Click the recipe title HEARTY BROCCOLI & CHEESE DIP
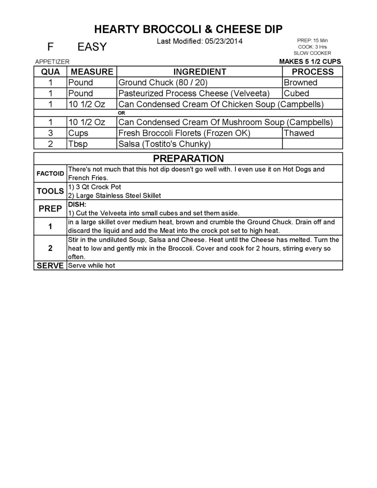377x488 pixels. (188, 30)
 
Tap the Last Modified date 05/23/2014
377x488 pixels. (224, 41)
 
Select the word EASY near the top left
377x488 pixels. (92, 47)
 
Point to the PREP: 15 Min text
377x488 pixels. (312, 40)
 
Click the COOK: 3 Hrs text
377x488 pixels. (312, 47)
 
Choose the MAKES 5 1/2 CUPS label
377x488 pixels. (310, 62)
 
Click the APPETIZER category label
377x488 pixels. (52, 62)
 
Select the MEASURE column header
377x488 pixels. (92, 72)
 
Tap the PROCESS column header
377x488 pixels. (312, 72)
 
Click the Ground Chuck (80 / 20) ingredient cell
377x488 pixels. (163, 83)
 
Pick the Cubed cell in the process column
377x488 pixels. (297, 93)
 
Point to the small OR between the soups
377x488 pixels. (122, 113)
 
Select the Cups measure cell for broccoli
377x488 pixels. (78, 133)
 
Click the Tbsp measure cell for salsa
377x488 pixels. (78, 144)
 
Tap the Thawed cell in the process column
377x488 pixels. (299, 133)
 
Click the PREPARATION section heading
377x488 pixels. (188, 158)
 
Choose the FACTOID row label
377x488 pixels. (50, 174)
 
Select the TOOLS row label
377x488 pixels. (50, 191)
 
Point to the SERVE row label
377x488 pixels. (50, 266)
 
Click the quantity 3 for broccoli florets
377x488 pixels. (50, 133)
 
